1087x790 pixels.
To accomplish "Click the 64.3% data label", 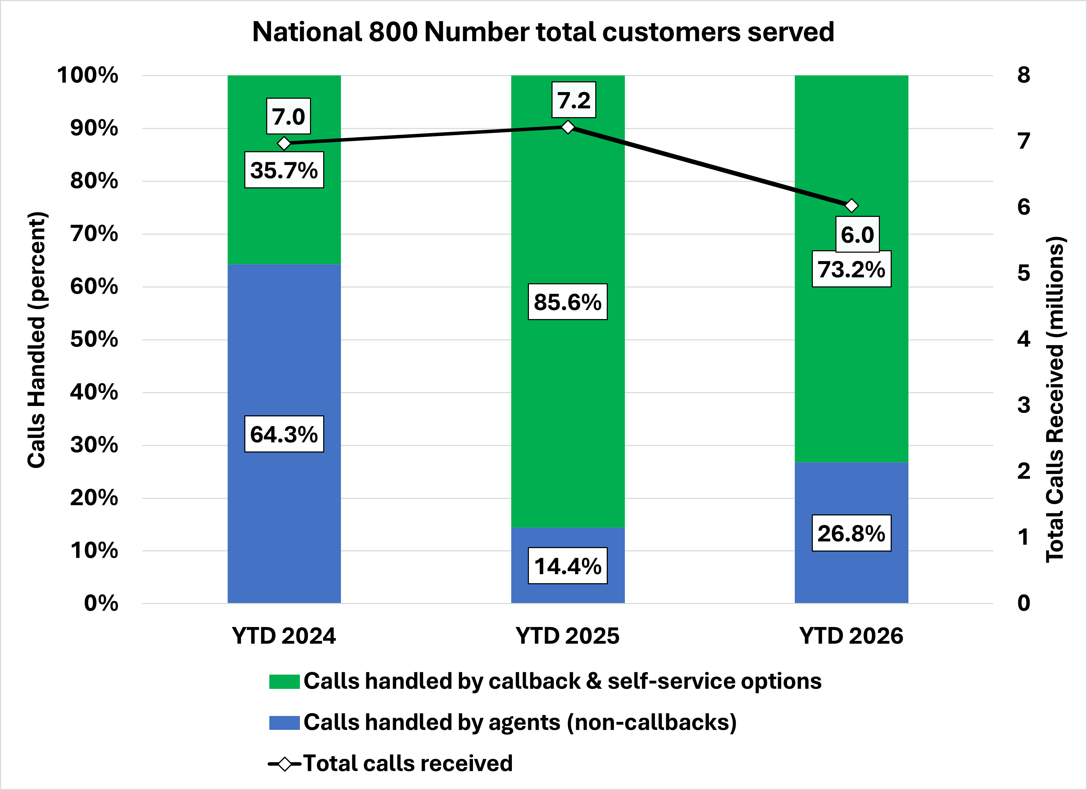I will (x=284, y=434).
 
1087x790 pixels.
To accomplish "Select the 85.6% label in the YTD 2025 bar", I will (x=567, y=302).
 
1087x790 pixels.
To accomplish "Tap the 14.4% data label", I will (x=567, y=566).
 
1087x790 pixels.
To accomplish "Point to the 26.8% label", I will (x=851, y=533).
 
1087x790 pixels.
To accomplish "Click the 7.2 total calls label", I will (x=574, y=100).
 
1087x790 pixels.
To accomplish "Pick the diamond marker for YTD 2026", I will (x=851, y=206).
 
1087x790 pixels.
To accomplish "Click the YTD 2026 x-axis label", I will (x=851, y=636).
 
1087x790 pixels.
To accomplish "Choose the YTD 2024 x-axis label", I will (x=284, y=636).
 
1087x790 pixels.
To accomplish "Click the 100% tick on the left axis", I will (x=88, y=75).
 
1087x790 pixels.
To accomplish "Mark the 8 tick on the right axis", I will (x=1023, y=75).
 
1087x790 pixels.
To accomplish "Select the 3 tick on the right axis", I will (x=1023, y=405).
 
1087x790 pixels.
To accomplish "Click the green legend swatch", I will (x=284, y=681).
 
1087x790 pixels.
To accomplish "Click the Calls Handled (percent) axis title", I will (x=36, y=340).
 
